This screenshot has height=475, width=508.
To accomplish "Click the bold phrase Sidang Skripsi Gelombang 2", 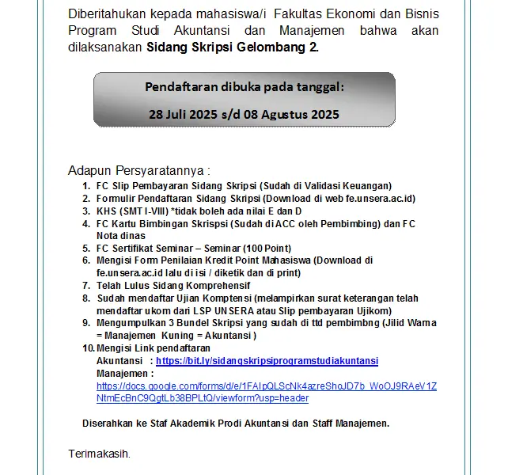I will pyautogui.click(x=233, y=47).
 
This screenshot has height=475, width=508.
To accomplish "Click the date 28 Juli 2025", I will pyautogui.click(x=184, y=114).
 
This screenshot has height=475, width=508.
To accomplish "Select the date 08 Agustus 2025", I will pyautogui.click(x=291, y=114).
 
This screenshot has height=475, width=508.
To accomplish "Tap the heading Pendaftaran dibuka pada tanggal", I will pyautogui.click(x=244, y=86).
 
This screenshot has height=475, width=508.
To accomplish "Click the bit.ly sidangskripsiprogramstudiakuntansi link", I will pyautogui.click(x=267, y=360).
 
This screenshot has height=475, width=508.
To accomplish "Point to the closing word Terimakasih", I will pyautogui.click(x=99, y=454).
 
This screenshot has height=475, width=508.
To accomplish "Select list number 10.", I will pyautogui.click(x=88, y=348).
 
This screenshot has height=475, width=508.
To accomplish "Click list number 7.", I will pyautogui.click(x=86, y=285).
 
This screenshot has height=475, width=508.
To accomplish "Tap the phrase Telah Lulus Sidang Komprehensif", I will pyautogui.click(x=173, y=285).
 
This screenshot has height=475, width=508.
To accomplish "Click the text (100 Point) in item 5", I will pyautogui.click(x=267, y=248).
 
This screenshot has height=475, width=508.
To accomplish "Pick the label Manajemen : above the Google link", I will pyautogui.click(x=124, y=373).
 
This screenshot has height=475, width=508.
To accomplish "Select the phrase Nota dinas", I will pyautogui.click(x=121, y=235).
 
